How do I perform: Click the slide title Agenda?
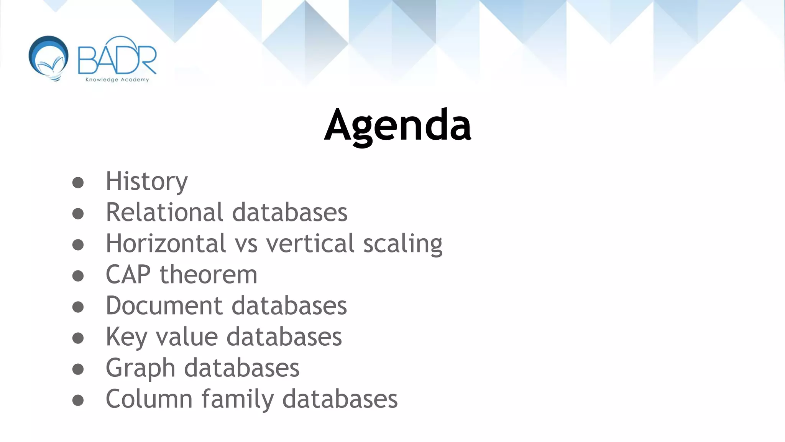tap(397, 125)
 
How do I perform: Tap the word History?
tap(146, 181)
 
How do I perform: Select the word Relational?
tap(164, 212)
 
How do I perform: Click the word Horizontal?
tap(166, 243)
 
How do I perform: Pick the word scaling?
tap(402, 244)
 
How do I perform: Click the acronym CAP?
tap(128, 274)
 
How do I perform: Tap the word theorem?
tap(208, 274)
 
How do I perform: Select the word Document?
tap(164, 305)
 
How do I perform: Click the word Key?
tap(126, 337)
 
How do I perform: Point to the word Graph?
tap(140, 368)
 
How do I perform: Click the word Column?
tap(149, 399)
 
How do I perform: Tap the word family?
tap(237, 399)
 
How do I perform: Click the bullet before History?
tap(78, 183)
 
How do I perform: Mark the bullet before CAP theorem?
tap(78, 276)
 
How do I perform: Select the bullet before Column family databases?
tap(78, 400)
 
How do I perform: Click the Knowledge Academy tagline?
tap(117, 80)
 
